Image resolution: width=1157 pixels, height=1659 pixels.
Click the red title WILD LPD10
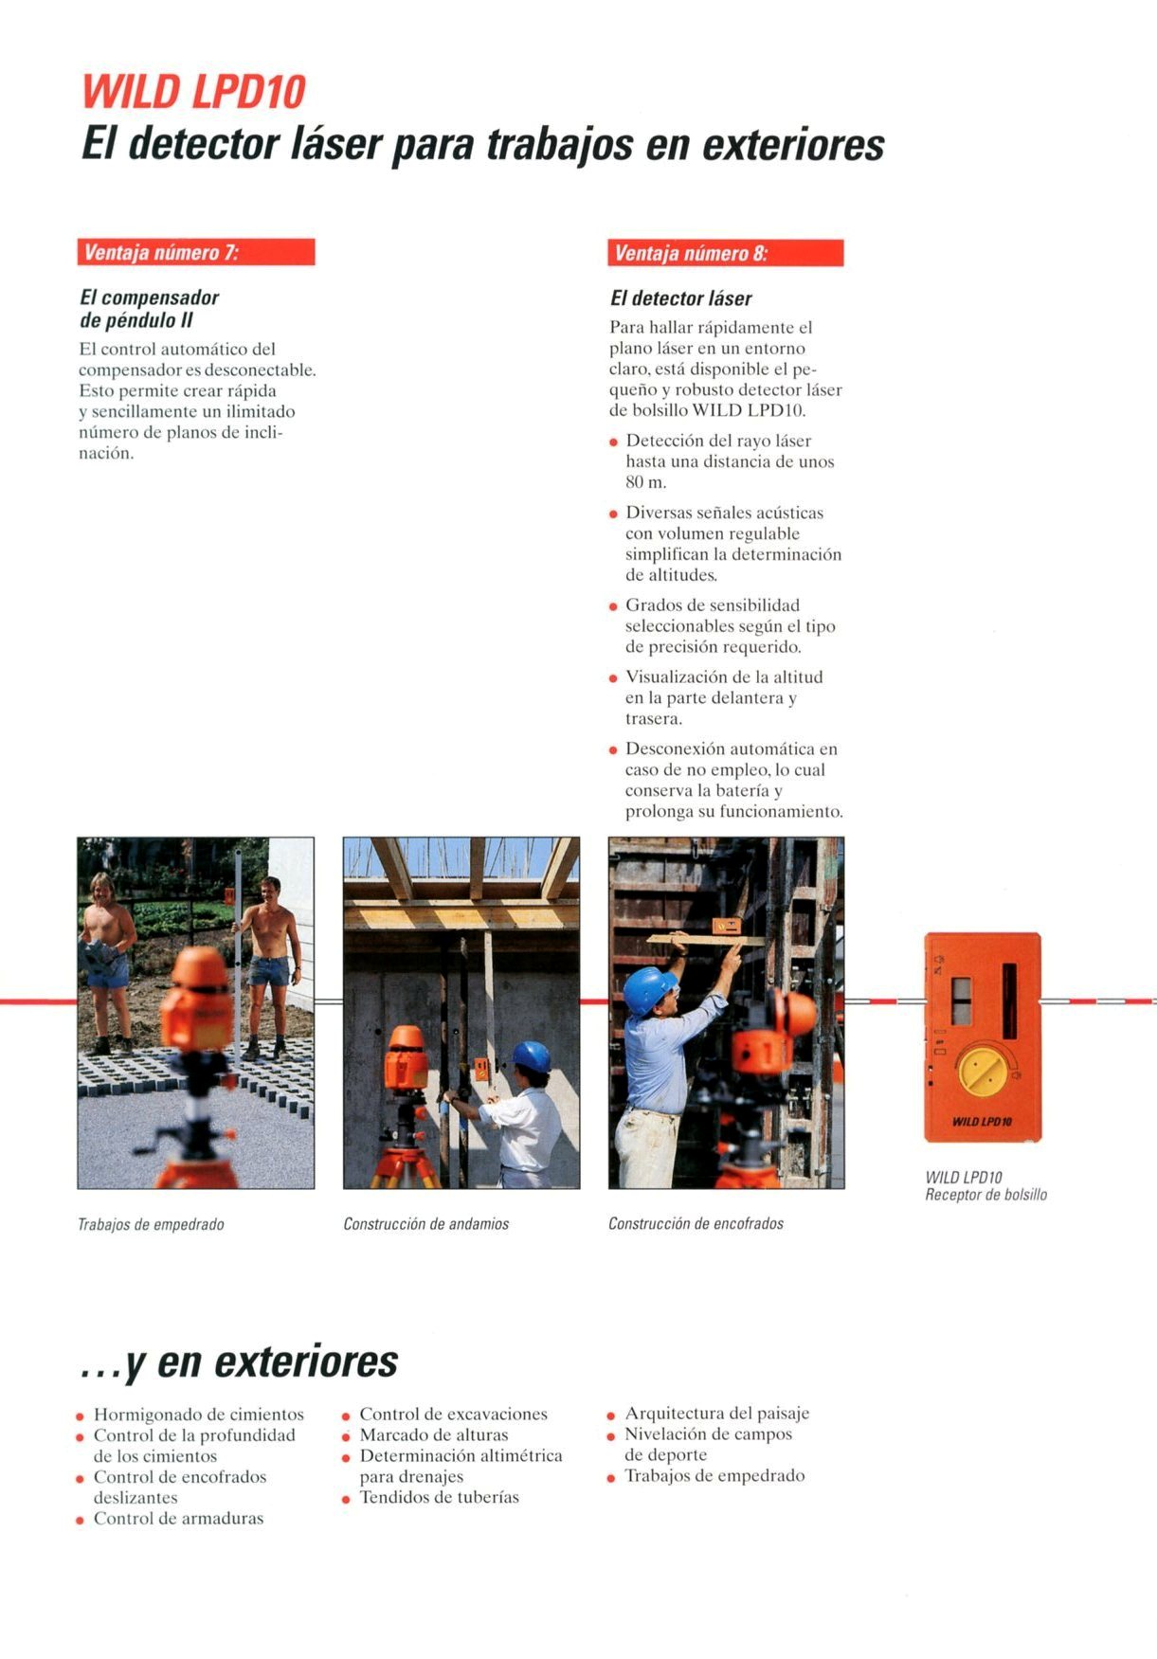[193, 93]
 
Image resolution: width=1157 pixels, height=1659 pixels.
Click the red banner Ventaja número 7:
[196, 252]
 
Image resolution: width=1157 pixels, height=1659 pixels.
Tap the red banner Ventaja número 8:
[726, 253]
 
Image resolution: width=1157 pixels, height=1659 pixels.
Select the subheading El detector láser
[680, 298]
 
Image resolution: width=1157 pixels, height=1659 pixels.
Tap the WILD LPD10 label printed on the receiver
[982, 1122]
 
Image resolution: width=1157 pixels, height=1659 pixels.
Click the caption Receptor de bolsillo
[985, 1195]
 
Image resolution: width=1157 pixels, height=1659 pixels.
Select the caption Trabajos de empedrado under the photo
[151, 1224]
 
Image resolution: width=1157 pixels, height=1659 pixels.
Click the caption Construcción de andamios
[426, 1223]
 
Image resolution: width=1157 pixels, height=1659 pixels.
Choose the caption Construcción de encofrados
[696, 1223]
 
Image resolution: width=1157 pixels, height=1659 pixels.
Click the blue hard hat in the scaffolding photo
[532, 1055]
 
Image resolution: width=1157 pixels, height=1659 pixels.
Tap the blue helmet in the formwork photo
[649, 989]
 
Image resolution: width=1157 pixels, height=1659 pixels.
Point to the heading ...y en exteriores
[239, 1361]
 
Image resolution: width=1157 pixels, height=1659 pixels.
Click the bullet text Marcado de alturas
[434, 1434]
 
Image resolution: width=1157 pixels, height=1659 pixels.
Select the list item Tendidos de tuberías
[440, 1497]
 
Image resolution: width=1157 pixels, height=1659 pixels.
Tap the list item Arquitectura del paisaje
[717, 1413]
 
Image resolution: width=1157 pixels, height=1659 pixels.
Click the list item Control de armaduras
[179, 1518]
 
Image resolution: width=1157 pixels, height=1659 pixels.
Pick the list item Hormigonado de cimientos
[199, 1415]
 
